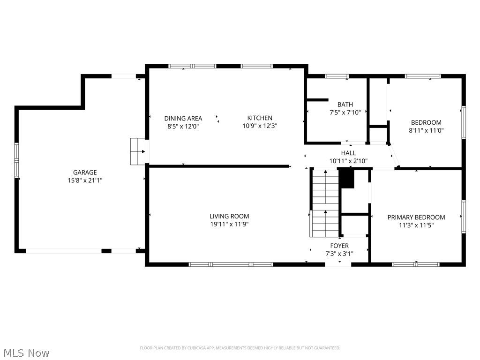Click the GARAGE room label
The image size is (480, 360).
[85, 172]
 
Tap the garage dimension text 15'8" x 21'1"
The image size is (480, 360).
[85, 180]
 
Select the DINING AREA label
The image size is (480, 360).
[183, 119]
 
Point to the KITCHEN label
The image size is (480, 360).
[260, 118]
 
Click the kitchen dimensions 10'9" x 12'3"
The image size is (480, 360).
[260, 126]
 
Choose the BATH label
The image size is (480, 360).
[345, 105]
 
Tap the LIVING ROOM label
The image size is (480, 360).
[229, 216]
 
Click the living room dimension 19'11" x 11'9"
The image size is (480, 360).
[229, 224]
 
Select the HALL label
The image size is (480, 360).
[348, 153]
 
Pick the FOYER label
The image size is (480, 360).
[339, 246]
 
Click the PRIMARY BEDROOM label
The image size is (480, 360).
[416, 217]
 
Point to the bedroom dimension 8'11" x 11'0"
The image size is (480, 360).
[426, 130]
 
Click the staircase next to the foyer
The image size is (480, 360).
[324, 203]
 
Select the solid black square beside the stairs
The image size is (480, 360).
[346, 179]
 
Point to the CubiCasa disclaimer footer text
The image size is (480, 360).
[240, 348]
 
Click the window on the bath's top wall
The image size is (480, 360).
[337, 76]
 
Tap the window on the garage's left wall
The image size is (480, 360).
[16, 160]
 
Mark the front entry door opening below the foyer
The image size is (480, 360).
[338, 264]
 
